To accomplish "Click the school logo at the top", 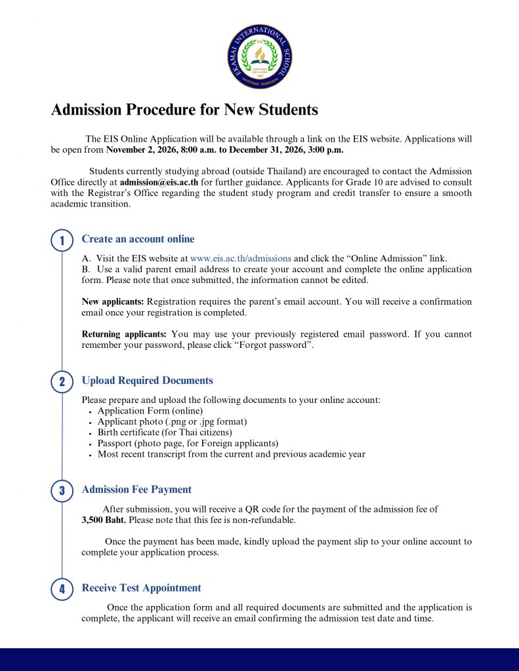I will click(x=259, y=58).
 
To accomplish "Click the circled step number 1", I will click(x=62, y=240).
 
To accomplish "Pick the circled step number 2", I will click(x=62, y=382).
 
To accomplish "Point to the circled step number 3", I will click(x=62, y=491).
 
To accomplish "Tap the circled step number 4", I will click(x=62, y=589).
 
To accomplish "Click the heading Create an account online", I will click(x=138, y=239).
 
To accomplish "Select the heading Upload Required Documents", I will click(x=147, y=381).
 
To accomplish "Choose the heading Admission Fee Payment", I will click(x=136, y=489).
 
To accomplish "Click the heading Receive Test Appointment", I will click(x=141, y=588).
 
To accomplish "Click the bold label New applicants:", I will click(x=112, y=302).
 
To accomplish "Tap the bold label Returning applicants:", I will click(x=124, y=334).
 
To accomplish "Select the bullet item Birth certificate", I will click(x=165, y=432).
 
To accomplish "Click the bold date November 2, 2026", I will click(x=147, y=150).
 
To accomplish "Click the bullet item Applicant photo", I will click(x=172, y=421).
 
